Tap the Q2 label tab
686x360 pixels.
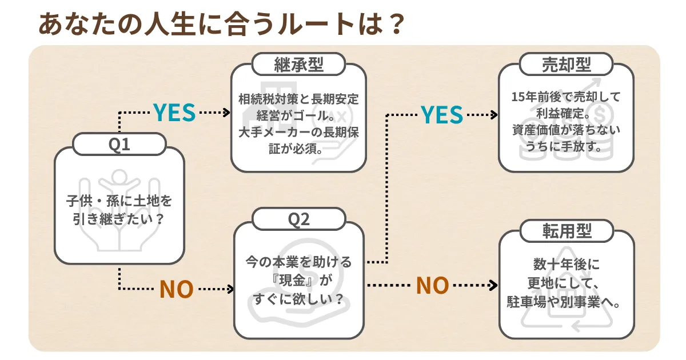[298, 219]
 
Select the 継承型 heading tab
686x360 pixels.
[298, 65]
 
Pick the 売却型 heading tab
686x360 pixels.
[566, 65]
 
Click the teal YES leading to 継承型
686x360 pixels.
[174, 113]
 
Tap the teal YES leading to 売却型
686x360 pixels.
[442, 115]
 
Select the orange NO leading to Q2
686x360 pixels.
[177, 289]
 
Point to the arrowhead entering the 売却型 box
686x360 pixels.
[494, 115]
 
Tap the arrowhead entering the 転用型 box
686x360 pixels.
[494, 285]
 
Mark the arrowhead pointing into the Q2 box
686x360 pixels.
[231, 289]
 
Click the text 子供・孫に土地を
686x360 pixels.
[119, 201]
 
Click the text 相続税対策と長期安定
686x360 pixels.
[298, 99]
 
